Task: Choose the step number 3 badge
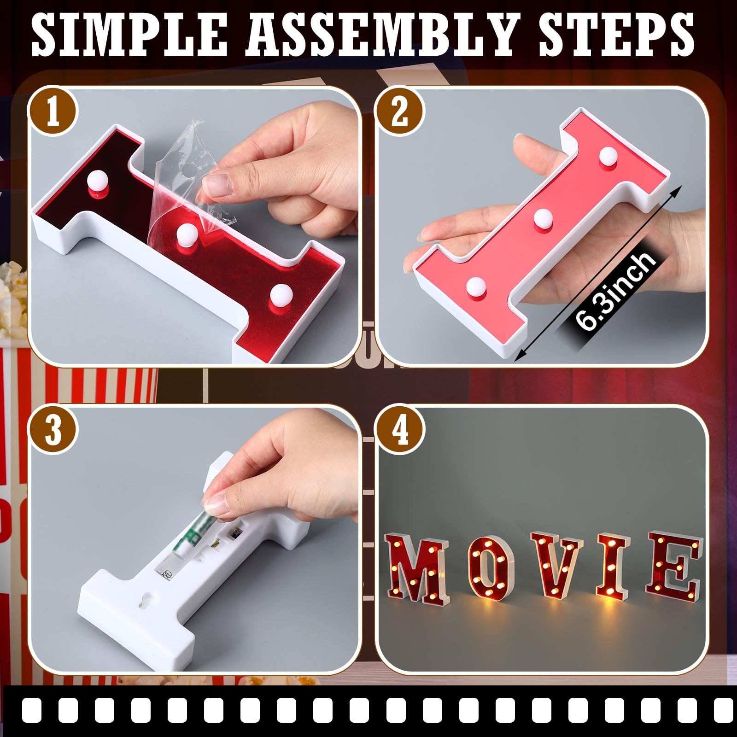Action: pos(53,431)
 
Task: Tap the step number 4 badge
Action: pos(400,431)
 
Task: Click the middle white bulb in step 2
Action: pos(543,218)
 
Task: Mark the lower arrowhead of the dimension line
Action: pos(520,356)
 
